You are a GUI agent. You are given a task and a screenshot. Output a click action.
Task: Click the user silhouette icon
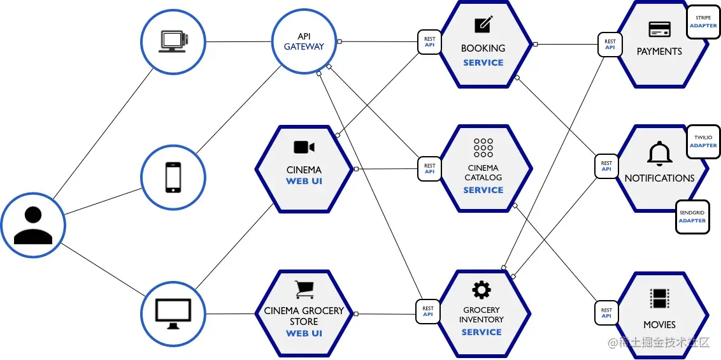pyautogui.click(x=33, y=226)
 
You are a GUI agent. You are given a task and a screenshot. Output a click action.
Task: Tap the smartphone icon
pyautogui.click(x=173, y=176)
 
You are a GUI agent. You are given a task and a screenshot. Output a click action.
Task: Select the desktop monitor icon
pyautogui.click(x=173, y=313)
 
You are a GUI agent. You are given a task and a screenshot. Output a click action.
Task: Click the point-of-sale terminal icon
pyautogui.click(x=174, y=41)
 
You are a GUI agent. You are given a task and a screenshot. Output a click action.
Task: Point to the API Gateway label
pyautogui.click(x=304, y=41)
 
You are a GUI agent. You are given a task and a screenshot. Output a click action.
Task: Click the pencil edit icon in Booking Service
pyautogui.click(x=483, y=24)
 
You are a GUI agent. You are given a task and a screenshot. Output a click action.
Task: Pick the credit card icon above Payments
pyautogui.click(x=659, y=29)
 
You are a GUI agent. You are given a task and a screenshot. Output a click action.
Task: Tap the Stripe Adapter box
pyautogui.click(x=703, y=22)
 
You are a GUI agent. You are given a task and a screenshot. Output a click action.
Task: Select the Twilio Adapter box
pyautogui.click(x=703, y=141)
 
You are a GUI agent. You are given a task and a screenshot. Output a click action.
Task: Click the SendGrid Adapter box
pyautogui.click(x=692, y=217)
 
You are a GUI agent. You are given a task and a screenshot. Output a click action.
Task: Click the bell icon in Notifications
pyautogui.click(x=659, y=154)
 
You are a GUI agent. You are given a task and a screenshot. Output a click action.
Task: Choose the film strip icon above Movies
pyautogui.click(x=659, y=298)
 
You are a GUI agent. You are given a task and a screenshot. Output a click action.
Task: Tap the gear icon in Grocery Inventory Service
pyautogui.click(x=482, y=290)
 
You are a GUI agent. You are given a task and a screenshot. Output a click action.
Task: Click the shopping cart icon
pyautogui.click(x=304, y=290)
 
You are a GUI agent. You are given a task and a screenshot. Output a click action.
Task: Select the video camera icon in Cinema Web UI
pyautogui.click(x=304, y=147)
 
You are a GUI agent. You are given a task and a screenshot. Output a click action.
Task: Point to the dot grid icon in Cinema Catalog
pyautogui.click(x=483, y=148)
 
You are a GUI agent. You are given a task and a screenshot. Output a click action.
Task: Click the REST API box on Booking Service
pyautogui.click(x=429, y=42)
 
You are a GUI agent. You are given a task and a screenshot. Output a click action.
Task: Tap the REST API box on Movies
pyautogui.click(x=606, y=313)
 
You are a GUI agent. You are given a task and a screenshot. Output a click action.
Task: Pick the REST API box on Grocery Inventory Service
pyautogui.click(x=427, y=312)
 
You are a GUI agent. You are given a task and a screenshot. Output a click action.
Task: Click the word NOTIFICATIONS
pyautogui.click(x=659, y=178)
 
